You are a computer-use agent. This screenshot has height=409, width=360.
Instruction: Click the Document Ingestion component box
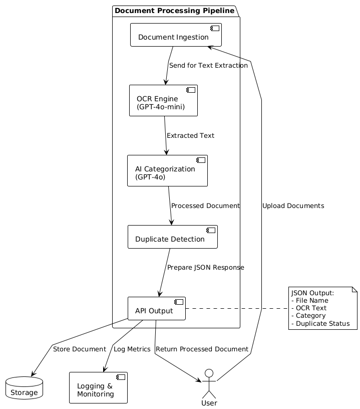[176, 35]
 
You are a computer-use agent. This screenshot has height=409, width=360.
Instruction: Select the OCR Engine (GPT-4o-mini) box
[163, 100]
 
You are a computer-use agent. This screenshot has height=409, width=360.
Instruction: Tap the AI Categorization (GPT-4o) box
[167, 170]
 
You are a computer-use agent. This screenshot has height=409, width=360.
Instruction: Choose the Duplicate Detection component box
[172, 237]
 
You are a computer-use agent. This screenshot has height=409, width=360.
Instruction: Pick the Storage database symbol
[24, 388]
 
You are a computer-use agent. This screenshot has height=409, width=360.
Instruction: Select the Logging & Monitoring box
[98, 387]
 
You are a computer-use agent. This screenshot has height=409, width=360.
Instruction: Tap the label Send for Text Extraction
[208, 66]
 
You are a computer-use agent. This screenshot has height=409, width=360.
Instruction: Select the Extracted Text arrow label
[190, 136]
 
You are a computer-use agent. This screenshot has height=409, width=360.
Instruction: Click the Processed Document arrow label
[205, 206]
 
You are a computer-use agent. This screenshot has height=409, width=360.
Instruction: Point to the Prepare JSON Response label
[206, 268]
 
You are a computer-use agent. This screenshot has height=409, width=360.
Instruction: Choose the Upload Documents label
[293, 206]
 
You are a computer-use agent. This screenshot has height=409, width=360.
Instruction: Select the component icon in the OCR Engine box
[191, 90]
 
